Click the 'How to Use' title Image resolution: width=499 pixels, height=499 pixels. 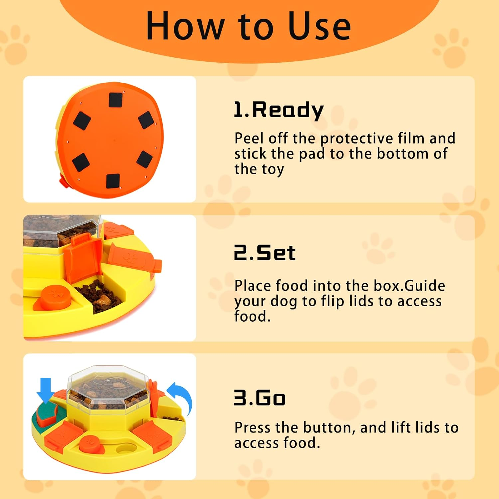pos(249,26)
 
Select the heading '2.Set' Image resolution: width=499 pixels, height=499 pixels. pos(264,253)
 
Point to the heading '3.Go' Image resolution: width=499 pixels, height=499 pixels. pos(259,398)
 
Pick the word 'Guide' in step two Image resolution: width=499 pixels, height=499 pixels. pos(424,286)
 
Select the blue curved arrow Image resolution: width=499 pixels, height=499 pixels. pos(181,398)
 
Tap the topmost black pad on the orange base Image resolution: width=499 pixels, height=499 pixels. pos(116,100)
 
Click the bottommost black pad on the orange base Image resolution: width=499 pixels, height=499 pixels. pos(113,181)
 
